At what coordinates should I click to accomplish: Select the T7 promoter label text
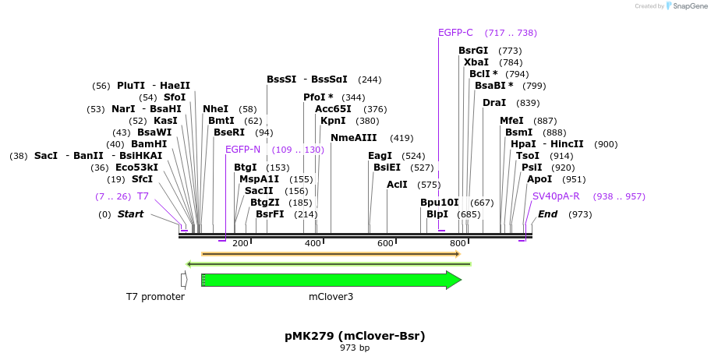pos(155,297)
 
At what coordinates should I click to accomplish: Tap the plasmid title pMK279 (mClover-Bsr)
pos(355,336)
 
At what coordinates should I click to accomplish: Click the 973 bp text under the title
pos(355,348)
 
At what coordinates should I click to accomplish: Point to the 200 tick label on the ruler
pos(240,243)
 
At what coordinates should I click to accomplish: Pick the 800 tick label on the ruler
pos(458,243)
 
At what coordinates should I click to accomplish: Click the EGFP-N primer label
pos(242,150)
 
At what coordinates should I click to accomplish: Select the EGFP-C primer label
pos(455,33)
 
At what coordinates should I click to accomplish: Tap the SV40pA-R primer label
pos(556,196)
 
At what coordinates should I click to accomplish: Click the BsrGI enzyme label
pos(473,51)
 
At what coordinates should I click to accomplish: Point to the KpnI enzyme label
pos(333,121)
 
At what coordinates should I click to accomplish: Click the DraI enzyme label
pos(494,103)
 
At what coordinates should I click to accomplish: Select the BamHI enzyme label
pos(148,144)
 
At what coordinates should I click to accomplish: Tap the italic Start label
pos(130,214)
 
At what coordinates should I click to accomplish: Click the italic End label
pos(547,214)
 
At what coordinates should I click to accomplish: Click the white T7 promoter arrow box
pos(184,280)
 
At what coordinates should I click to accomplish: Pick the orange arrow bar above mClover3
pos(331,253)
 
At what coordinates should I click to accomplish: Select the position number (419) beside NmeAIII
pos(401,138)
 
